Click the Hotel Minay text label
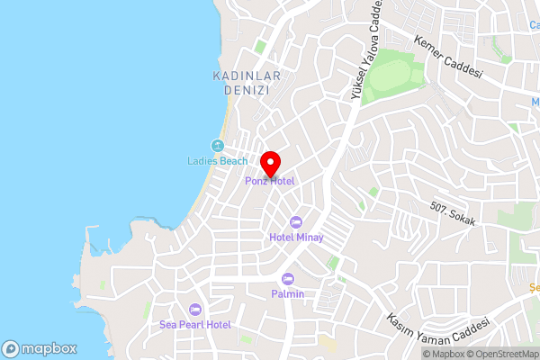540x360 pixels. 296,238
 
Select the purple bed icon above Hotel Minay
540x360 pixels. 296,222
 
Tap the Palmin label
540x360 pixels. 288,293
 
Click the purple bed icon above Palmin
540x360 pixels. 288,278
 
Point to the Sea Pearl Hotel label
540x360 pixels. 195,324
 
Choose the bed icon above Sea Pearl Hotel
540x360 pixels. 195,309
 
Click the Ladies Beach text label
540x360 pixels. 217,161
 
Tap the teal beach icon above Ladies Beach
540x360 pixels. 217,146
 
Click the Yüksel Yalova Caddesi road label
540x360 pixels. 364,49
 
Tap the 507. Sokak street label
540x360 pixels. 452,212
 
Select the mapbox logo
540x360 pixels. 39,348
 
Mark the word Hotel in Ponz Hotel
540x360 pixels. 281,181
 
